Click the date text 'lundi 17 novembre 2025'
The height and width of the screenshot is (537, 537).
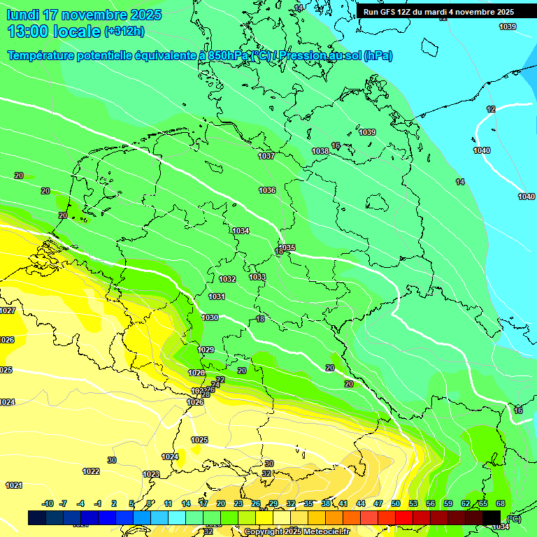coord(84,15)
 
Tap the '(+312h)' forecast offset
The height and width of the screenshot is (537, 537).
coord(124,31)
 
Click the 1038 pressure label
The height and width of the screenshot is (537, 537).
coord(320,151)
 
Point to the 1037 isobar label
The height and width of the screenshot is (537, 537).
coord(266,156)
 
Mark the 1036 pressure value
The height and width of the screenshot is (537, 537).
coord(267,190)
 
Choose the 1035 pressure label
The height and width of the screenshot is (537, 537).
coord(287,248)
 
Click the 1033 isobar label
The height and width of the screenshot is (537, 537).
coord(257,277)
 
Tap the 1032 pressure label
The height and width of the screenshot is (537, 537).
coord(227,279)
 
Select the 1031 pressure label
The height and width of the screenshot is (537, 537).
coord(217,296)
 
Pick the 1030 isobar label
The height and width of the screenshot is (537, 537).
coord(210,317)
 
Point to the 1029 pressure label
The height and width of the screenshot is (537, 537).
coord(206,350)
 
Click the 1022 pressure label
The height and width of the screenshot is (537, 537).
coord(91,471)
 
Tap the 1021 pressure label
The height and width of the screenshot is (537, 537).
coord(13,485)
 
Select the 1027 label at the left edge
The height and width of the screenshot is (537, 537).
coord(8,310)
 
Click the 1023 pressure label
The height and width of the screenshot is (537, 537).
coord(151,474)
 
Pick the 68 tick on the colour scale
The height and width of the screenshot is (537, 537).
coord(501,503)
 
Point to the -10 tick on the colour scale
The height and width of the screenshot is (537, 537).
coord(48,503)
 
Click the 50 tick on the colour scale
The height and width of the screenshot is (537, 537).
coord(396,503)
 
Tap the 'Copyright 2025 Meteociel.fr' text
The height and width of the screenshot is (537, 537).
coord(289,531)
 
